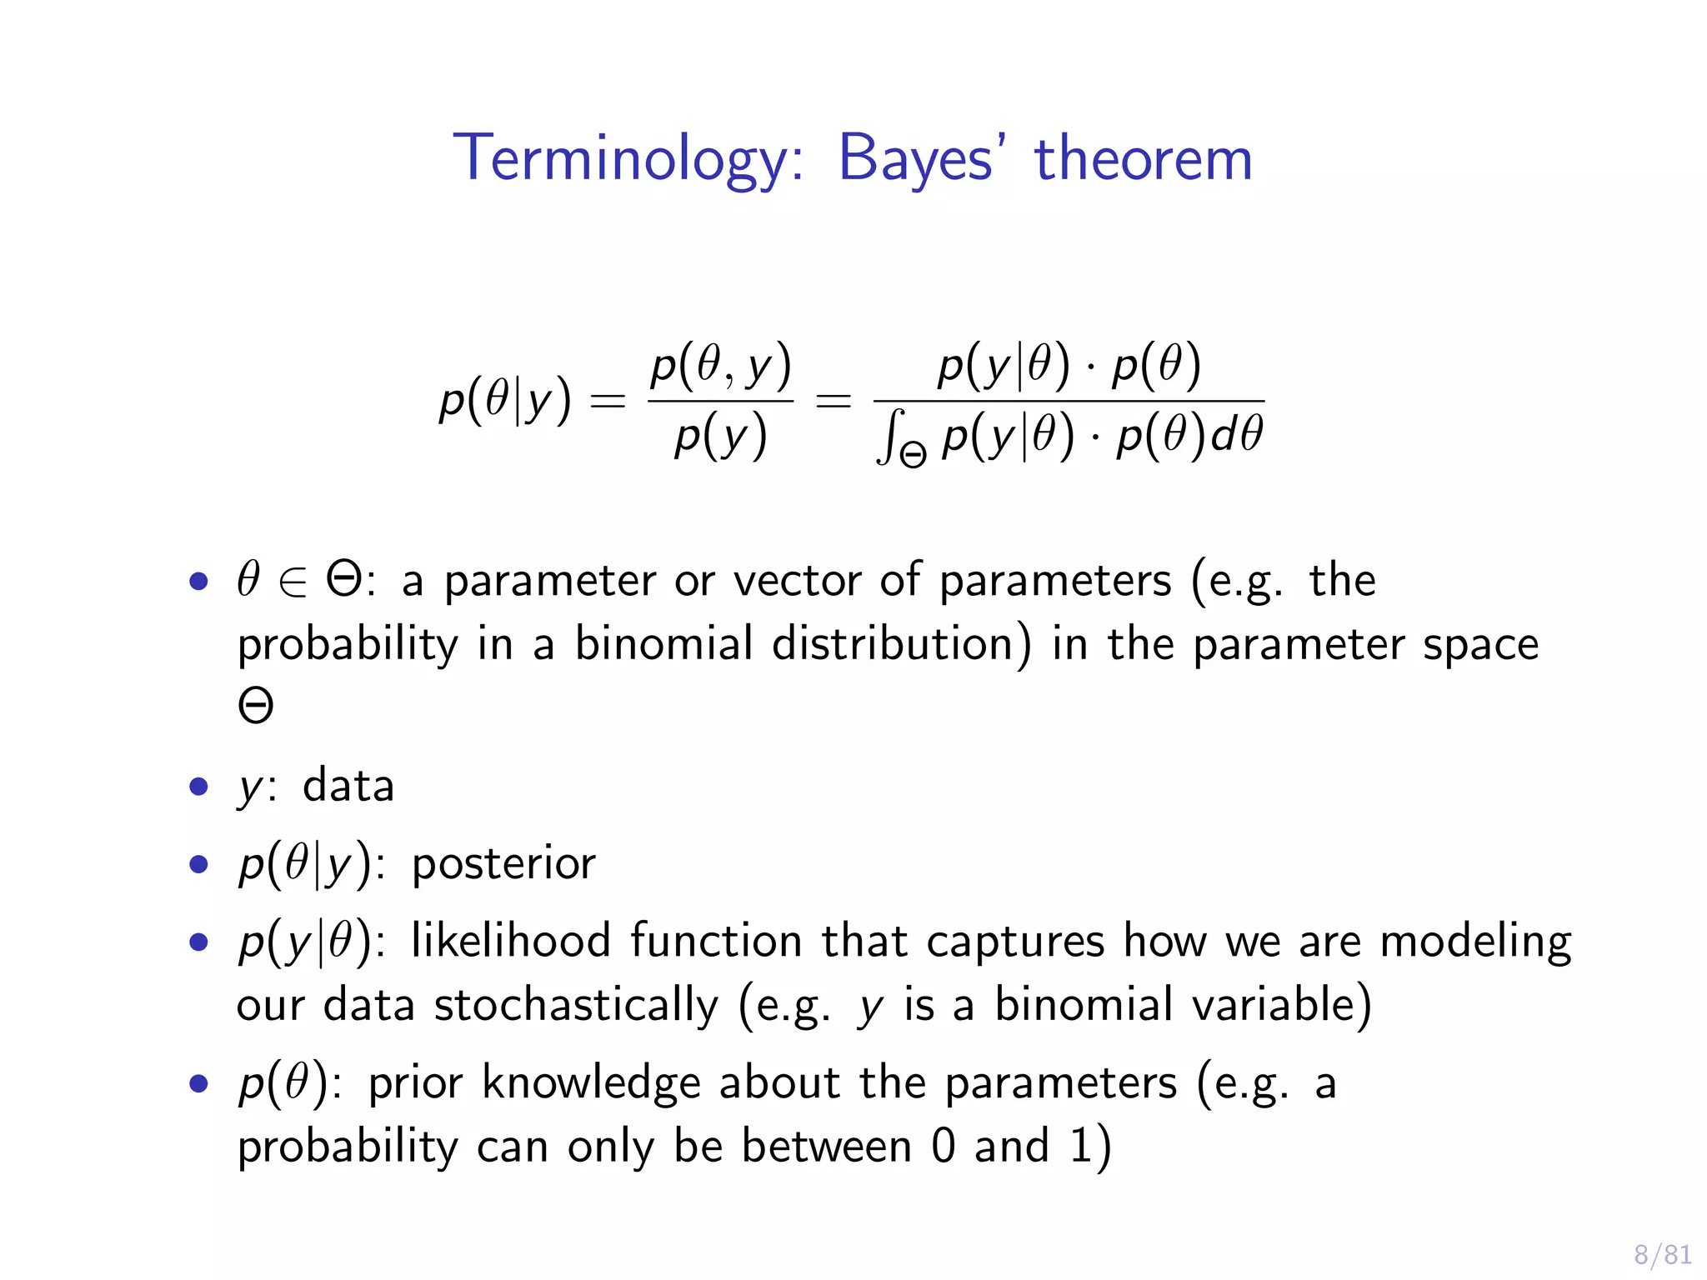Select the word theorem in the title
(1143, 158)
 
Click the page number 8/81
(1662, 1254)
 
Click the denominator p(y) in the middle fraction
(720, 437)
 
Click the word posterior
(503, 863)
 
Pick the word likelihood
(511, 941)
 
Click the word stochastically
(576, 1004)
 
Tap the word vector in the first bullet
(797, 580)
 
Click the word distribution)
(901, 644)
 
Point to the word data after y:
(348, 786)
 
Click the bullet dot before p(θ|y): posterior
(198, 864)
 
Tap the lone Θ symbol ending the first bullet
(255, 706)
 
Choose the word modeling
(1475, 941)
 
